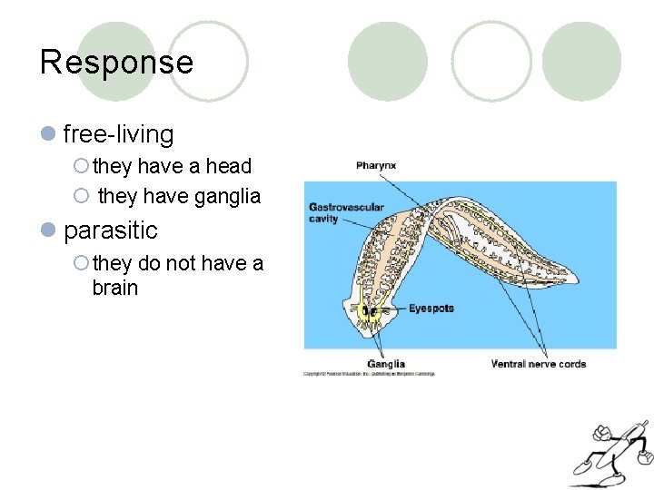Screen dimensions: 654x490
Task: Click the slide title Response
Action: pos(116,62)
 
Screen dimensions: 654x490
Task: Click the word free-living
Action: pos(118,134)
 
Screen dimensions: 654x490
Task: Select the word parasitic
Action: pos(110,230)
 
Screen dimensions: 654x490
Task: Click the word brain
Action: pos(114,288)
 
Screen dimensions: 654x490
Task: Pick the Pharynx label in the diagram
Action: pos(375,166)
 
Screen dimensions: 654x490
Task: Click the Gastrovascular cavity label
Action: pos(346,212)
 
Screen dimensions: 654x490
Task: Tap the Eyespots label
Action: pos(431,309)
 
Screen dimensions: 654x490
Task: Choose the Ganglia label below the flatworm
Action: pos(386,364)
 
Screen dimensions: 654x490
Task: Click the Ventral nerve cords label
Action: pos(538,364)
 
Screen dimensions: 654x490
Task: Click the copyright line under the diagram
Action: pos(369,374)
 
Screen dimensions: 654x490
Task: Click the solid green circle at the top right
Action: pos(581,61)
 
